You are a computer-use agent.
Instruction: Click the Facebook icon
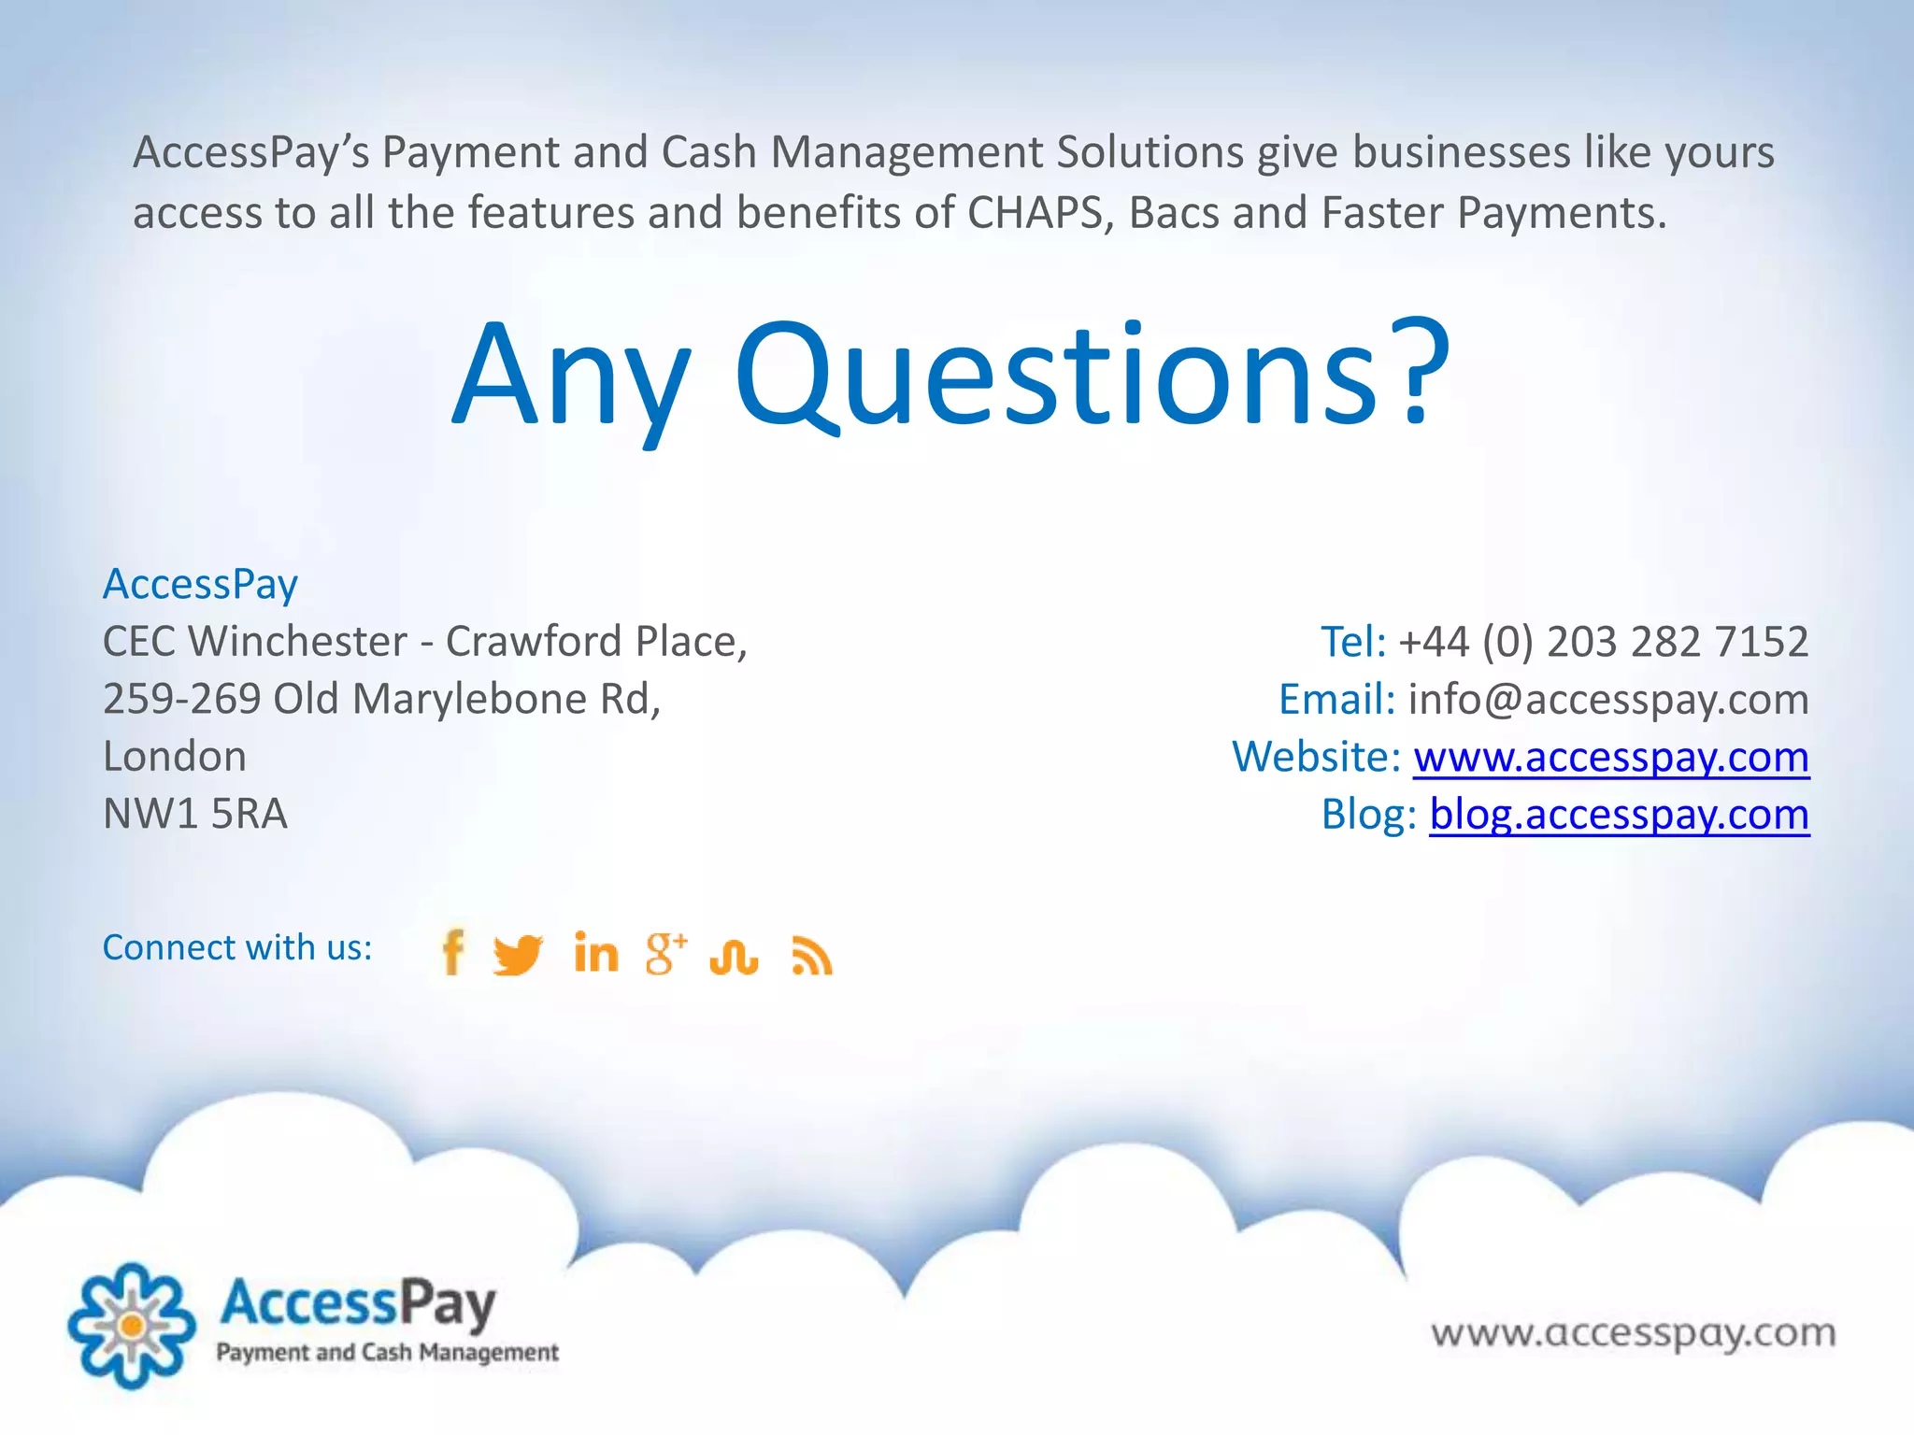pyautogui.click(x=453, y=952)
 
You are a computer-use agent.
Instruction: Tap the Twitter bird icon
pyautogui.click(x=518, y=954)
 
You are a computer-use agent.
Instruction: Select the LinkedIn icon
pyautogui.click(x=596, y=953)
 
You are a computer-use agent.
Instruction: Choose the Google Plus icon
pyautogui.click(x=665, y=953)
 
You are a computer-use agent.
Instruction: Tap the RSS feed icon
pyautogui.click(x=811, y=955)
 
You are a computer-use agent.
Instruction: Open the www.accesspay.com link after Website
pyautogui.click(x=1610, y=757)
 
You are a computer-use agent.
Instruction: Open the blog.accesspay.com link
pyautogui.click(x=1619, y=814)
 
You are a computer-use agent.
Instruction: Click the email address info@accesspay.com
pyautogui.click(x=1608, y=699)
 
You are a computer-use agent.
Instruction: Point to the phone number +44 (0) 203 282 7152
pyautogui.click(x=1603, y=642)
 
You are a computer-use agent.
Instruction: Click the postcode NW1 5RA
pyautogui.click(x=195, y=814)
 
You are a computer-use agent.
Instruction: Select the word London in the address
pyautogui.click(x=175, y=757)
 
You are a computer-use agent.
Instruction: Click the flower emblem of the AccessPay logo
pyautogui.click(x=132, y=1325)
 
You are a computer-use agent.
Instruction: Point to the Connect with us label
pyautogui.click(x=237, y=947)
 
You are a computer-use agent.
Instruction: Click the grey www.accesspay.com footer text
pyautogui.click(x=1634, y=1332)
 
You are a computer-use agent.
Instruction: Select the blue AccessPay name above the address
pyautogui.click(x=200, y=584)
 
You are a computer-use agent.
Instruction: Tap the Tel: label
pyautogui.click(x=1352, y=642)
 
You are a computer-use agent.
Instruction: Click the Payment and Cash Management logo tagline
pyautogui.click(x=387, y=1352)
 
